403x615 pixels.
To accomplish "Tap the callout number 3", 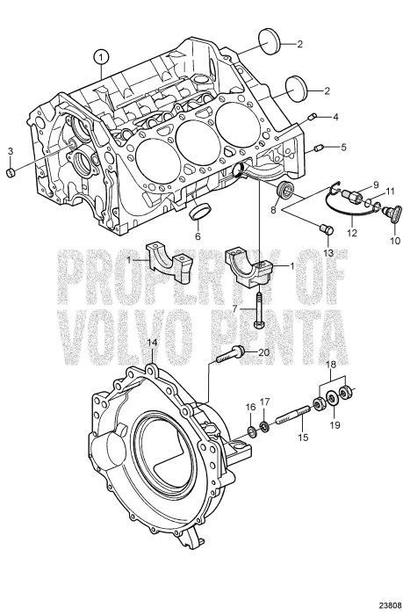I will pyautogui.click(x=10, y=152).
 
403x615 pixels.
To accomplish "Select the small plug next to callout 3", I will pyautogui.click(x=11, y=173).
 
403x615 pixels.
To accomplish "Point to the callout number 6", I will pyautogui.click(x=198, y=235).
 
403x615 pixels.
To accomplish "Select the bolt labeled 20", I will pyautogui.click(x=227, y=356).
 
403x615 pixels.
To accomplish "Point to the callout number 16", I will pyautogui.click(x=249, y=408).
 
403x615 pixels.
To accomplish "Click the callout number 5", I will pyautogui.click(x=344, y=146).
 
